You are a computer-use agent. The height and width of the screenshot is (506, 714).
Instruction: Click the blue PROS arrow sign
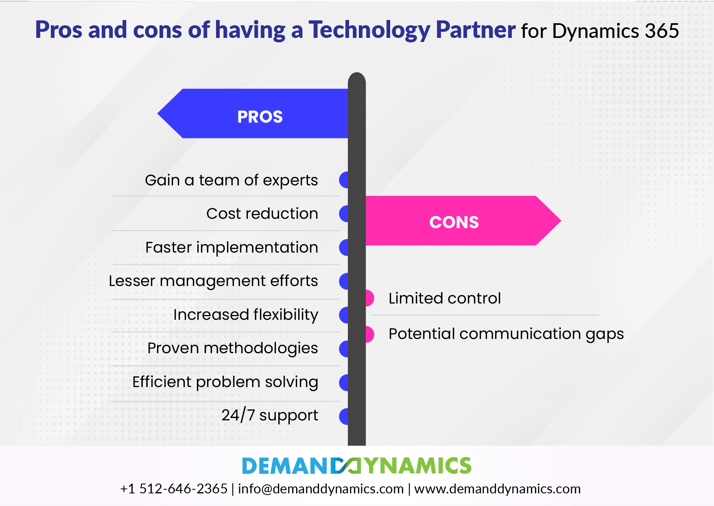253,114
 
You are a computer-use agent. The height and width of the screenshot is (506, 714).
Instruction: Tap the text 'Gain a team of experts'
231,180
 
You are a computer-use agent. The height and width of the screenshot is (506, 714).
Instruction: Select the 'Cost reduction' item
262,213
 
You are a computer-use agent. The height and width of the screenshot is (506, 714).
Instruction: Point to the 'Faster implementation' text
231,247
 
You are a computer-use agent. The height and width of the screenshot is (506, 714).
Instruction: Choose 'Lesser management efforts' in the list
213,281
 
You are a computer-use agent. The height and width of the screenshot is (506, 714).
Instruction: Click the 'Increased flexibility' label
246,315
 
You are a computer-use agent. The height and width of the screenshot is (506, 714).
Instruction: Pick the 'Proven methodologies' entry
233,348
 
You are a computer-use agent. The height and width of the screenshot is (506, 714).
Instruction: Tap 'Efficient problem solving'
225,382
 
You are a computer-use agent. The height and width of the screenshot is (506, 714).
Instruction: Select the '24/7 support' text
270,416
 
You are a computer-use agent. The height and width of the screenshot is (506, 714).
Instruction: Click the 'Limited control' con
445,298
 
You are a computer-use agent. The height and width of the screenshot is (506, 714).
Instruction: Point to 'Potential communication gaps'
506,334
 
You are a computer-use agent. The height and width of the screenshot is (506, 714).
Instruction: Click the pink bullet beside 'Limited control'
370,298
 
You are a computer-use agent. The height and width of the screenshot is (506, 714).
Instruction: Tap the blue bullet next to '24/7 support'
344,416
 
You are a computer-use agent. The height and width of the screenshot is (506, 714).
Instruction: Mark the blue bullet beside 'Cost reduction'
344,213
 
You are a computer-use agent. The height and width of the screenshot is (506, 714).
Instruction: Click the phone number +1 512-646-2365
174,488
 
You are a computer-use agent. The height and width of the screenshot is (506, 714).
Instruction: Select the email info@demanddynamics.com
321,488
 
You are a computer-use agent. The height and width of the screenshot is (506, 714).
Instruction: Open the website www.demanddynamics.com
497,488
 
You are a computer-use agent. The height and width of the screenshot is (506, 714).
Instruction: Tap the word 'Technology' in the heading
369,30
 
